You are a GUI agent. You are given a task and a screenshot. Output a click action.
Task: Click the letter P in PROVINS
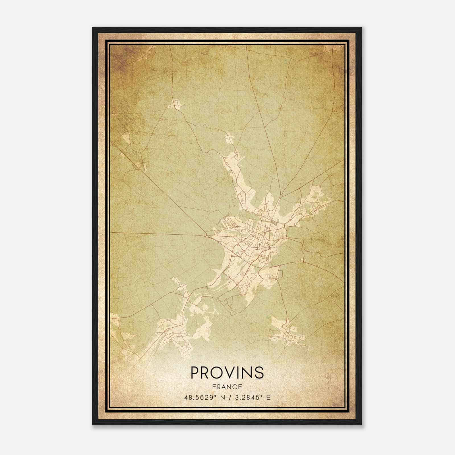196,373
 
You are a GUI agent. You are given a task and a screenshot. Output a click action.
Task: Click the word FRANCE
227,387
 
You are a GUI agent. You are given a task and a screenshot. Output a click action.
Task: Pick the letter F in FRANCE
214,387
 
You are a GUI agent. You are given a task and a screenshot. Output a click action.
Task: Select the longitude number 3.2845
246,397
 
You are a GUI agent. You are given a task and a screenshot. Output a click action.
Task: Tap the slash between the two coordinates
229,397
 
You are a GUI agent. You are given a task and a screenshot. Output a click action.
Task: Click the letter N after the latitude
222,397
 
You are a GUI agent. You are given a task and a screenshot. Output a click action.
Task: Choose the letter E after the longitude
268,397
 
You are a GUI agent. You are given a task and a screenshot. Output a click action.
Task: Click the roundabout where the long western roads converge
207,236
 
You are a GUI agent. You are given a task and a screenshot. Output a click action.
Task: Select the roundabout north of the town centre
281,196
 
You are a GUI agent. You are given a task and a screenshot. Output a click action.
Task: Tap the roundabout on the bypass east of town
303,260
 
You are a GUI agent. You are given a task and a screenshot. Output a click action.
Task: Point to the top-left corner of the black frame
93,28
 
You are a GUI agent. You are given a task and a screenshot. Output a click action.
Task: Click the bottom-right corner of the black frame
361,425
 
